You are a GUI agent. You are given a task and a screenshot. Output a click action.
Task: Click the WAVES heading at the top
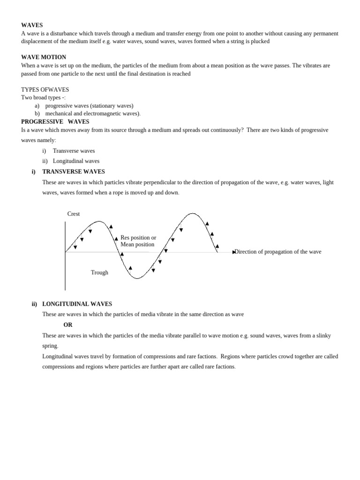click(x=32, y=25)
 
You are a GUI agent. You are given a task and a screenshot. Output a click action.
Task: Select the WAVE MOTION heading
click(x=44, y=57)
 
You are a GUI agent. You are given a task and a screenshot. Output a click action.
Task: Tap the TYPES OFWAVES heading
click(x=45, y=90)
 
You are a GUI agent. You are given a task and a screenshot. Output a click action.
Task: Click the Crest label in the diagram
click(x=74, y=214)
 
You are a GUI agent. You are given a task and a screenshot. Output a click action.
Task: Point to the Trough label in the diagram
click(x=99, y=272)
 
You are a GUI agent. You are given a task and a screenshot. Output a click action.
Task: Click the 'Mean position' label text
click(x=137, y=244)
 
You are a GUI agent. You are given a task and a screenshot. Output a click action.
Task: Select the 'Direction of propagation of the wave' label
click(x=278, y=252)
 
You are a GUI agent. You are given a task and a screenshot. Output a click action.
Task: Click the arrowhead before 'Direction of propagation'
click(x=234, y=252)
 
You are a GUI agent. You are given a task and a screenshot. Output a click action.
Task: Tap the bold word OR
click(x=68, y=324)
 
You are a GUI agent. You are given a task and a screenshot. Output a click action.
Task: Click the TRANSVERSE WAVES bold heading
click(x=74, y=172)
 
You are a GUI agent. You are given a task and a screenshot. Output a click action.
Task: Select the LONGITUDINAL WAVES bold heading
click(x=77, y=304)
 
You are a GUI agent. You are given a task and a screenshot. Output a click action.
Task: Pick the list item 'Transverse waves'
click(x=74, y=151)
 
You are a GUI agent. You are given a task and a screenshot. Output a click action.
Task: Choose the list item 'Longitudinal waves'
click(x=76, y=161)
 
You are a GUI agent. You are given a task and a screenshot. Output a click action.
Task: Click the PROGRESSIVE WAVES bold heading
click(x=55, y=121)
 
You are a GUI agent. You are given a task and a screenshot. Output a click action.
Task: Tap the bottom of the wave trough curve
click(x=137, y=278)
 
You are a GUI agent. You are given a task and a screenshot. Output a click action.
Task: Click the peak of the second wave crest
click(x=192, y=213)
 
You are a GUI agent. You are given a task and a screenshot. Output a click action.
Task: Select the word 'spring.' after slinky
click(x=50, y=346)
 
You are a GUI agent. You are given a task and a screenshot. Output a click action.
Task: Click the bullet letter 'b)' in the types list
click(x=37, y=113)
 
